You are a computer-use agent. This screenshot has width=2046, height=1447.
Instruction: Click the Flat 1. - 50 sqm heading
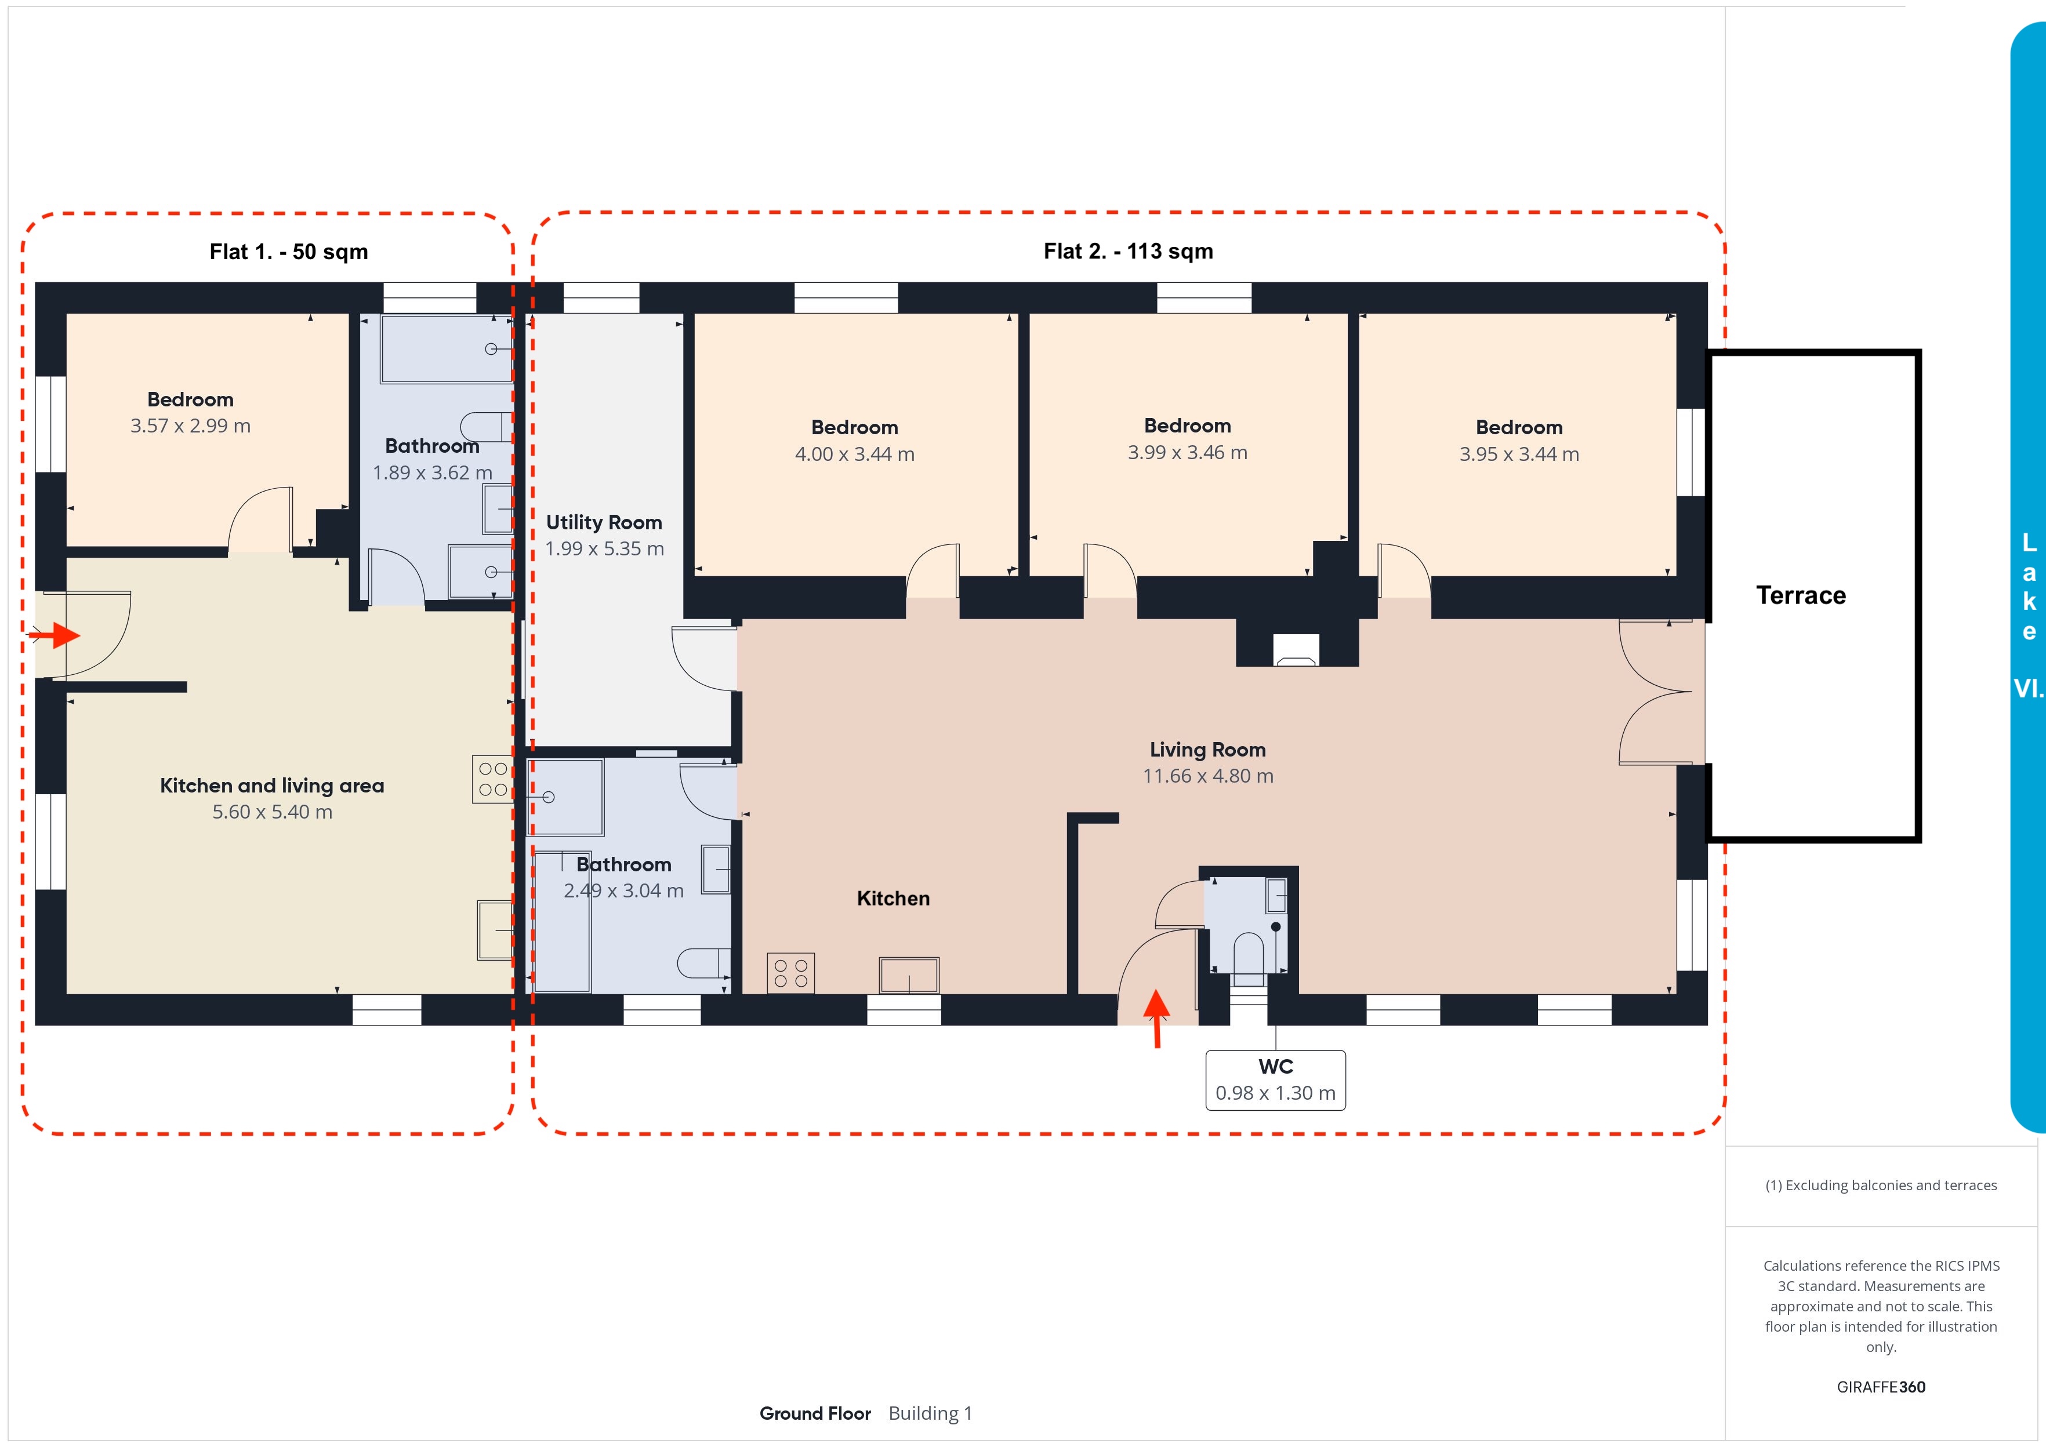point(289,252)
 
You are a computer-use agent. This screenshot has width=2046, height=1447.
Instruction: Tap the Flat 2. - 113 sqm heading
point(1128,251)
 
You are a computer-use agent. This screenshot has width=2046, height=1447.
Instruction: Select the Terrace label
point(1801,595)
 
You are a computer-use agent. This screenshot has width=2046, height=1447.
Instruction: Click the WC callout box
point(1275,1080)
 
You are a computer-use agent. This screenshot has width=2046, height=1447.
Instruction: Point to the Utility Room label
point(604,522)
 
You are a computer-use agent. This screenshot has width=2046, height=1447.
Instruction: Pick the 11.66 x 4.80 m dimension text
point(1209,776)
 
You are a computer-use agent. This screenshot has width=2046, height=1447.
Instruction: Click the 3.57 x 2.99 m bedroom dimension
point(191,426)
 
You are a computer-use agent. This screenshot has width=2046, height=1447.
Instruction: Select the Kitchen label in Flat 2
point(893,898)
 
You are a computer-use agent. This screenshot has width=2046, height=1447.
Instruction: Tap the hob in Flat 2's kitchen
point(790,973)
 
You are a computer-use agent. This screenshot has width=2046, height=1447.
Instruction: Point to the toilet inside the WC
point(1249,952)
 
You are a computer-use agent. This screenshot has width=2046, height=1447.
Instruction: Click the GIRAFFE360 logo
point(1881,1387)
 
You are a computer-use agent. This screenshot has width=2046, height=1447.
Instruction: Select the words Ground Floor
point(815,1413)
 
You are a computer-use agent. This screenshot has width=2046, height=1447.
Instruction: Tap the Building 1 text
point(930,1413)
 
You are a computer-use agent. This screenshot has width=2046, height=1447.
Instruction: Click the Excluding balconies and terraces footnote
point(1881,1185)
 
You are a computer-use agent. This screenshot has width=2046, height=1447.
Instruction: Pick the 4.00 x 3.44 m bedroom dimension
point(855,455)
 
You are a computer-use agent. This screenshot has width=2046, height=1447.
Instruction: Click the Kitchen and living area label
point(272,786)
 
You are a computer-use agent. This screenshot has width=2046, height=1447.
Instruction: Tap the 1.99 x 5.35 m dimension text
point(604,549)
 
